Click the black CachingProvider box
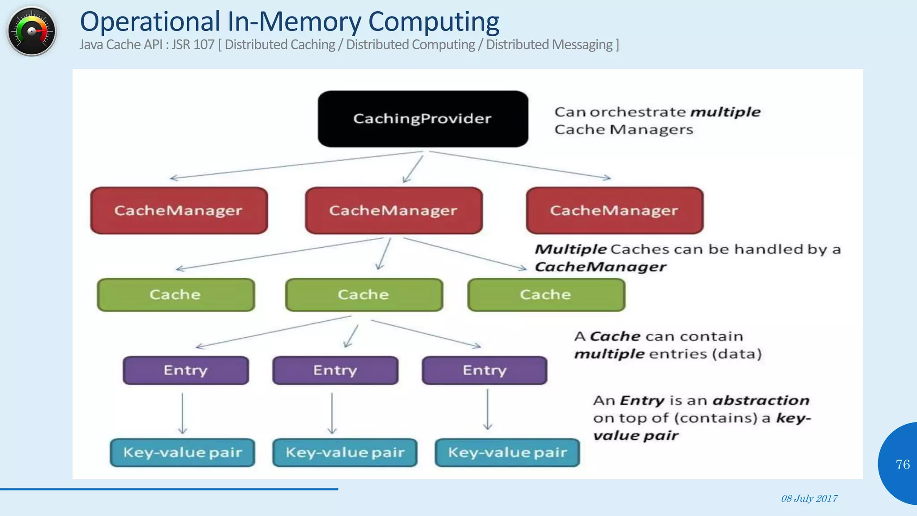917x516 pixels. (423, 119)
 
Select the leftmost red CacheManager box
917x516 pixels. (179, 211)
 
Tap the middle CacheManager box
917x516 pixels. (394, 211)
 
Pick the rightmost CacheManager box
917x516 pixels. (614, 211)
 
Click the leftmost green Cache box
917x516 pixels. (176, 295)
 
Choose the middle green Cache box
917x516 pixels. (364, 295)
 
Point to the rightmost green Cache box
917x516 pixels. (546, 295)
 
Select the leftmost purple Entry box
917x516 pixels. (185, 370)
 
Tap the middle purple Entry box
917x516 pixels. (335, 370)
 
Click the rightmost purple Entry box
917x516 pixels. (484, 370)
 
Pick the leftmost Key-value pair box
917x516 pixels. (182, 452)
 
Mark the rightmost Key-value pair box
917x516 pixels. (507, 452)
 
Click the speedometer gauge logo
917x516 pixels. (32, 31)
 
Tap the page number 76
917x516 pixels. (902, 464)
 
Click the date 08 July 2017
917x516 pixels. (809, 499)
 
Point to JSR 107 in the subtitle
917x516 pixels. (193, 45)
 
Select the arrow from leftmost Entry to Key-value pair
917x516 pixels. (182, 413)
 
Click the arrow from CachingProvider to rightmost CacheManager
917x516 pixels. (519, 164)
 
